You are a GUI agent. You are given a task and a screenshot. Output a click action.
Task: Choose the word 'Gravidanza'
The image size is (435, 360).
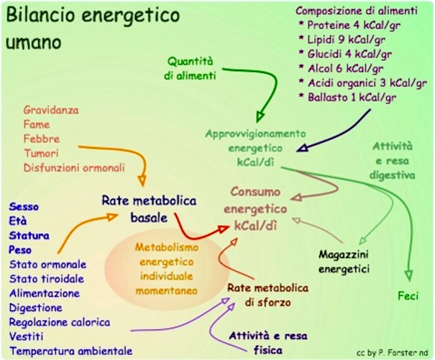tap(51, 111)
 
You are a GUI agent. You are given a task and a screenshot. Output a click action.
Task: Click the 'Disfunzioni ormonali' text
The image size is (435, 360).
tap(74, 167)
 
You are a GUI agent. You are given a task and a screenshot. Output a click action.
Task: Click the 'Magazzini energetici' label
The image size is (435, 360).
tap(344, 262)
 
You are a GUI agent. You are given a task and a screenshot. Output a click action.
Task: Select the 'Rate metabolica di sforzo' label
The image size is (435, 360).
tap(259, 295)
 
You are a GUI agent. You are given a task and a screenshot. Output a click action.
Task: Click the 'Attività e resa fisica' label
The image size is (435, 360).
tap(263, 342)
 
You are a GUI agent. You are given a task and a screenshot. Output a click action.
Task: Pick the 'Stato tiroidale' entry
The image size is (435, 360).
tap(47, 279)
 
